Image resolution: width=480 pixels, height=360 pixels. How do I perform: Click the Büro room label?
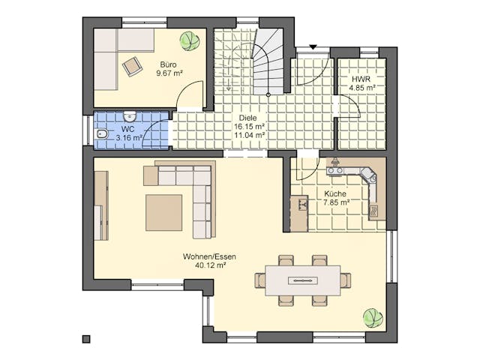(169, 64)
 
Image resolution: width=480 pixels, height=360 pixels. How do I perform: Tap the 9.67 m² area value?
(169, 73)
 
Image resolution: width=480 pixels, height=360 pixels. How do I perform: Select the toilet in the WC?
(102, 135)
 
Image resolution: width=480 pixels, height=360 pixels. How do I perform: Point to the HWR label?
(361, 79)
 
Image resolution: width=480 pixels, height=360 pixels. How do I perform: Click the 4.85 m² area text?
(361, 88)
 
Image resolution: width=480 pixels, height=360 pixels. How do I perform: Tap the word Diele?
(247, 118)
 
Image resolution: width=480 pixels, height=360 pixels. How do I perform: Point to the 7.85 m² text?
(336, 202)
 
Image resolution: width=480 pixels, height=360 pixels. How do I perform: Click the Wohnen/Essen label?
(205, 256)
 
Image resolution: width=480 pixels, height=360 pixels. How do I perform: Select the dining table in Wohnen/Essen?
(302, 280)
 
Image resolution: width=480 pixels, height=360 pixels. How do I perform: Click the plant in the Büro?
(190, 40)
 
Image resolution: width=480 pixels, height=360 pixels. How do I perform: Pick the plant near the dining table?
(373, 318)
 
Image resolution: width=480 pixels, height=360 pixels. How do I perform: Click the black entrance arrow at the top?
(313, 47)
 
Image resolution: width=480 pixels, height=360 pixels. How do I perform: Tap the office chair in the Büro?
(133, 66)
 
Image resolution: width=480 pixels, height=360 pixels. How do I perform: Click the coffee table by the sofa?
(163, 212)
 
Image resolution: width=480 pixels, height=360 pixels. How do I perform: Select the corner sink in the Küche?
(367, 175)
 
